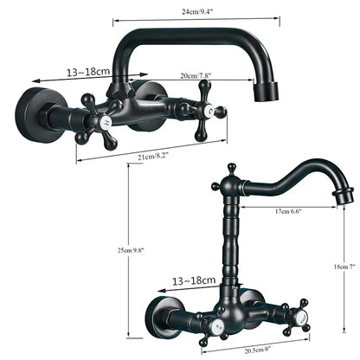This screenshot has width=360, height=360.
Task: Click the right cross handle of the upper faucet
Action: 207,111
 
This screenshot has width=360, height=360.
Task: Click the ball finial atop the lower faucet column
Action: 232,168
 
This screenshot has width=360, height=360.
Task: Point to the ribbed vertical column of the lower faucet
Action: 233,234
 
